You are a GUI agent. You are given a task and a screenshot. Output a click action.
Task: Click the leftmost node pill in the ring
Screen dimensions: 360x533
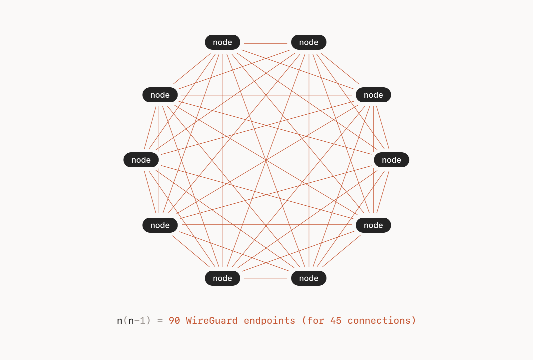tap(141, 160)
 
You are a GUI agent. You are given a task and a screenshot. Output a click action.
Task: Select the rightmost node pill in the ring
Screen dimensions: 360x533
tap(391, 160)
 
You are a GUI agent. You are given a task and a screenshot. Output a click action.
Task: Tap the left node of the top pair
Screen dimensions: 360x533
tap(222, 42)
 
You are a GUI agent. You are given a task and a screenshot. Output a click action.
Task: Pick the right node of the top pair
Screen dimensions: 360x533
tap(308, 42)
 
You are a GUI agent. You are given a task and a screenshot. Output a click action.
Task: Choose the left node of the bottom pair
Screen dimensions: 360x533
tap(222, 278)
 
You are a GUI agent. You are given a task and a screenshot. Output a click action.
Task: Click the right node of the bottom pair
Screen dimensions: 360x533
tap(308, 278)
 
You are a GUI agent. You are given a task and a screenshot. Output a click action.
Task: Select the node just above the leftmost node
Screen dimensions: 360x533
tap(160, 95)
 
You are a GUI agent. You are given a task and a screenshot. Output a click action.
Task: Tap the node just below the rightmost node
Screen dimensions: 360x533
tap(373, 225)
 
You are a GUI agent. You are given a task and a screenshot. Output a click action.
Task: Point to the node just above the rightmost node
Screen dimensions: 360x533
tap(373, 95)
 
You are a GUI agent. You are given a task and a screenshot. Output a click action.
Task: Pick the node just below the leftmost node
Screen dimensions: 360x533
tap(160, 225)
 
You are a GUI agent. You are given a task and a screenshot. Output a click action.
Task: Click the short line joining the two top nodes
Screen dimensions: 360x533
tap(266, 43)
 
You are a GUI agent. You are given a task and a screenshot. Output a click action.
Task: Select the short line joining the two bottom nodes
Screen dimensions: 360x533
tap(266, 278)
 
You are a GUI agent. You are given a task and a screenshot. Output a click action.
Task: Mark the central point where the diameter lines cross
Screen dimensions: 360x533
tap(266, 160)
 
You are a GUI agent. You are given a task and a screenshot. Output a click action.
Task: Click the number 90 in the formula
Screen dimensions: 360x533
tap(174, 321)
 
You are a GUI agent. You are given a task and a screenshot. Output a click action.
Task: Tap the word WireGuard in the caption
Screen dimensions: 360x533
tap(212, 321)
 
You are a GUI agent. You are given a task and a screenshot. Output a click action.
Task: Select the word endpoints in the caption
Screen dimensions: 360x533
tap(269, 321)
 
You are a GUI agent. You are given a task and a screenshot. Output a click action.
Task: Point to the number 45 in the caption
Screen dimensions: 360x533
tap(336, 321)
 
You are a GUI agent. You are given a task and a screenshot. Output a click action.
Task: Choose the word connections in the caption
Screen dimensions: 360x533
tap(379, 321)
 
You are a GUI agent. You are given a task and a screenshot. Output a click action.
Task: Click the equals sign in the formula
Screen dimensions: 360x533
tap(160, 321)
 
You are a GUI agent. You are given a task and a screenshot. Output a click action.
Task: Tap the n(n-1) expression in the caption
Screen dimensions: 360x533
tap(134, 321)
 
